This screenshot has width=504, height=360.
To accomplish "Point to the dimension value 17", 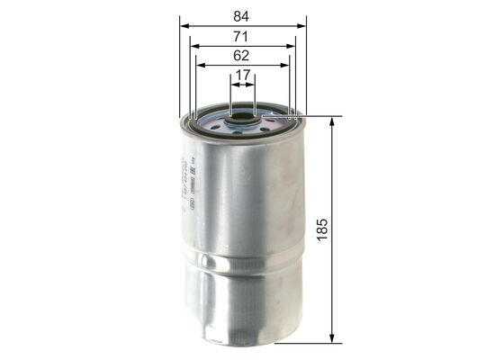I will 243,76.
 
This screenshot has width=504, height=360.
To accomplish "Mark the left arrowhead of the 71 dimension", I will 193,44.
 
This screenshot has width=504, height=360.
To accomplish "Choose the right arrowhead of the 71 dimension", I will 293,44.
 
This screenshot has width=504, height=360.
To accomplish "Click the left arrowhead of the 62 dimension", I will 200,65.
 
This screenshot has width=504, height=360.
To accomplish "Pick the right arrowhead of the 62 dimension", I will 287,65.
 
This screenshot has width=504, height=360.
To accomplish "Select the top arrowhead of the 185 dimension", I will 334,121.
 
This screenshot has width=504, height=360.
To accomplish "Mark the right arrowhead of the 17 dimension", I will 254,85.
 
